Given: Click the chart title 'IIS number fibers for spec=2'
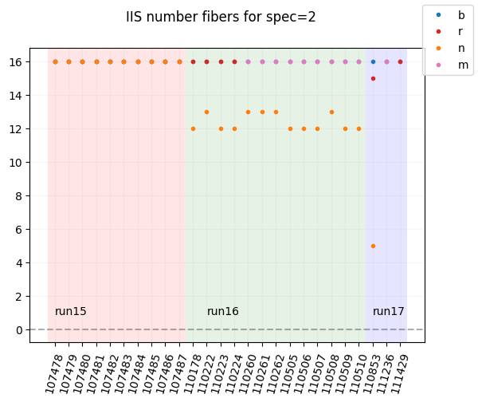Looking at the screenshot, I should click(x=221, y=17).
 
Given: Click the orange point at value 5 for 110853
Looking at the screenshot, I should click(x=373, y=246).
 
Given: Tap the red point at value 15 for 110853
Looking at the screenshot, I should click(x=373, y=78).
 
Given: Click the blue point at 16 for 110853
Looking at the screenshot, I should click(x=373, y=61).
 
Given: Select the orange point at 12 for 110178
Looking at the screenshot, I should click(x=193, y=128).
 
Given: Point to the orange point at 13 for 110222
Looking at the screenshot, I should click(x=206, y=112).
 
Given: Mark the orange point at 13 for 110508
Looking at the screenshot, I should click(x=331, y=112).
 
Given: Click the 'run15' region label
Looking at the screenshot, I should click(x=71, y=312).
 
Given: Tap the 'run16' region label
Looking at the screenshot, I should click(x=223, y=312).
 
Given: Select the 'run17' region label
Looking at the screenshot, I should click(x=389, y=312).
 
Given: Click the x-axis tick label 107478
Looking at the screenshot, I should click(x=53, y=372).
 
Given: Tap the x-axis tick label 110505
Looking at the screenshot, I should click(x=288, y=372).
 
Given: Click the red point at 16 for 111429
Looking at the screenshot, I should click(x=400, y=61).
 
